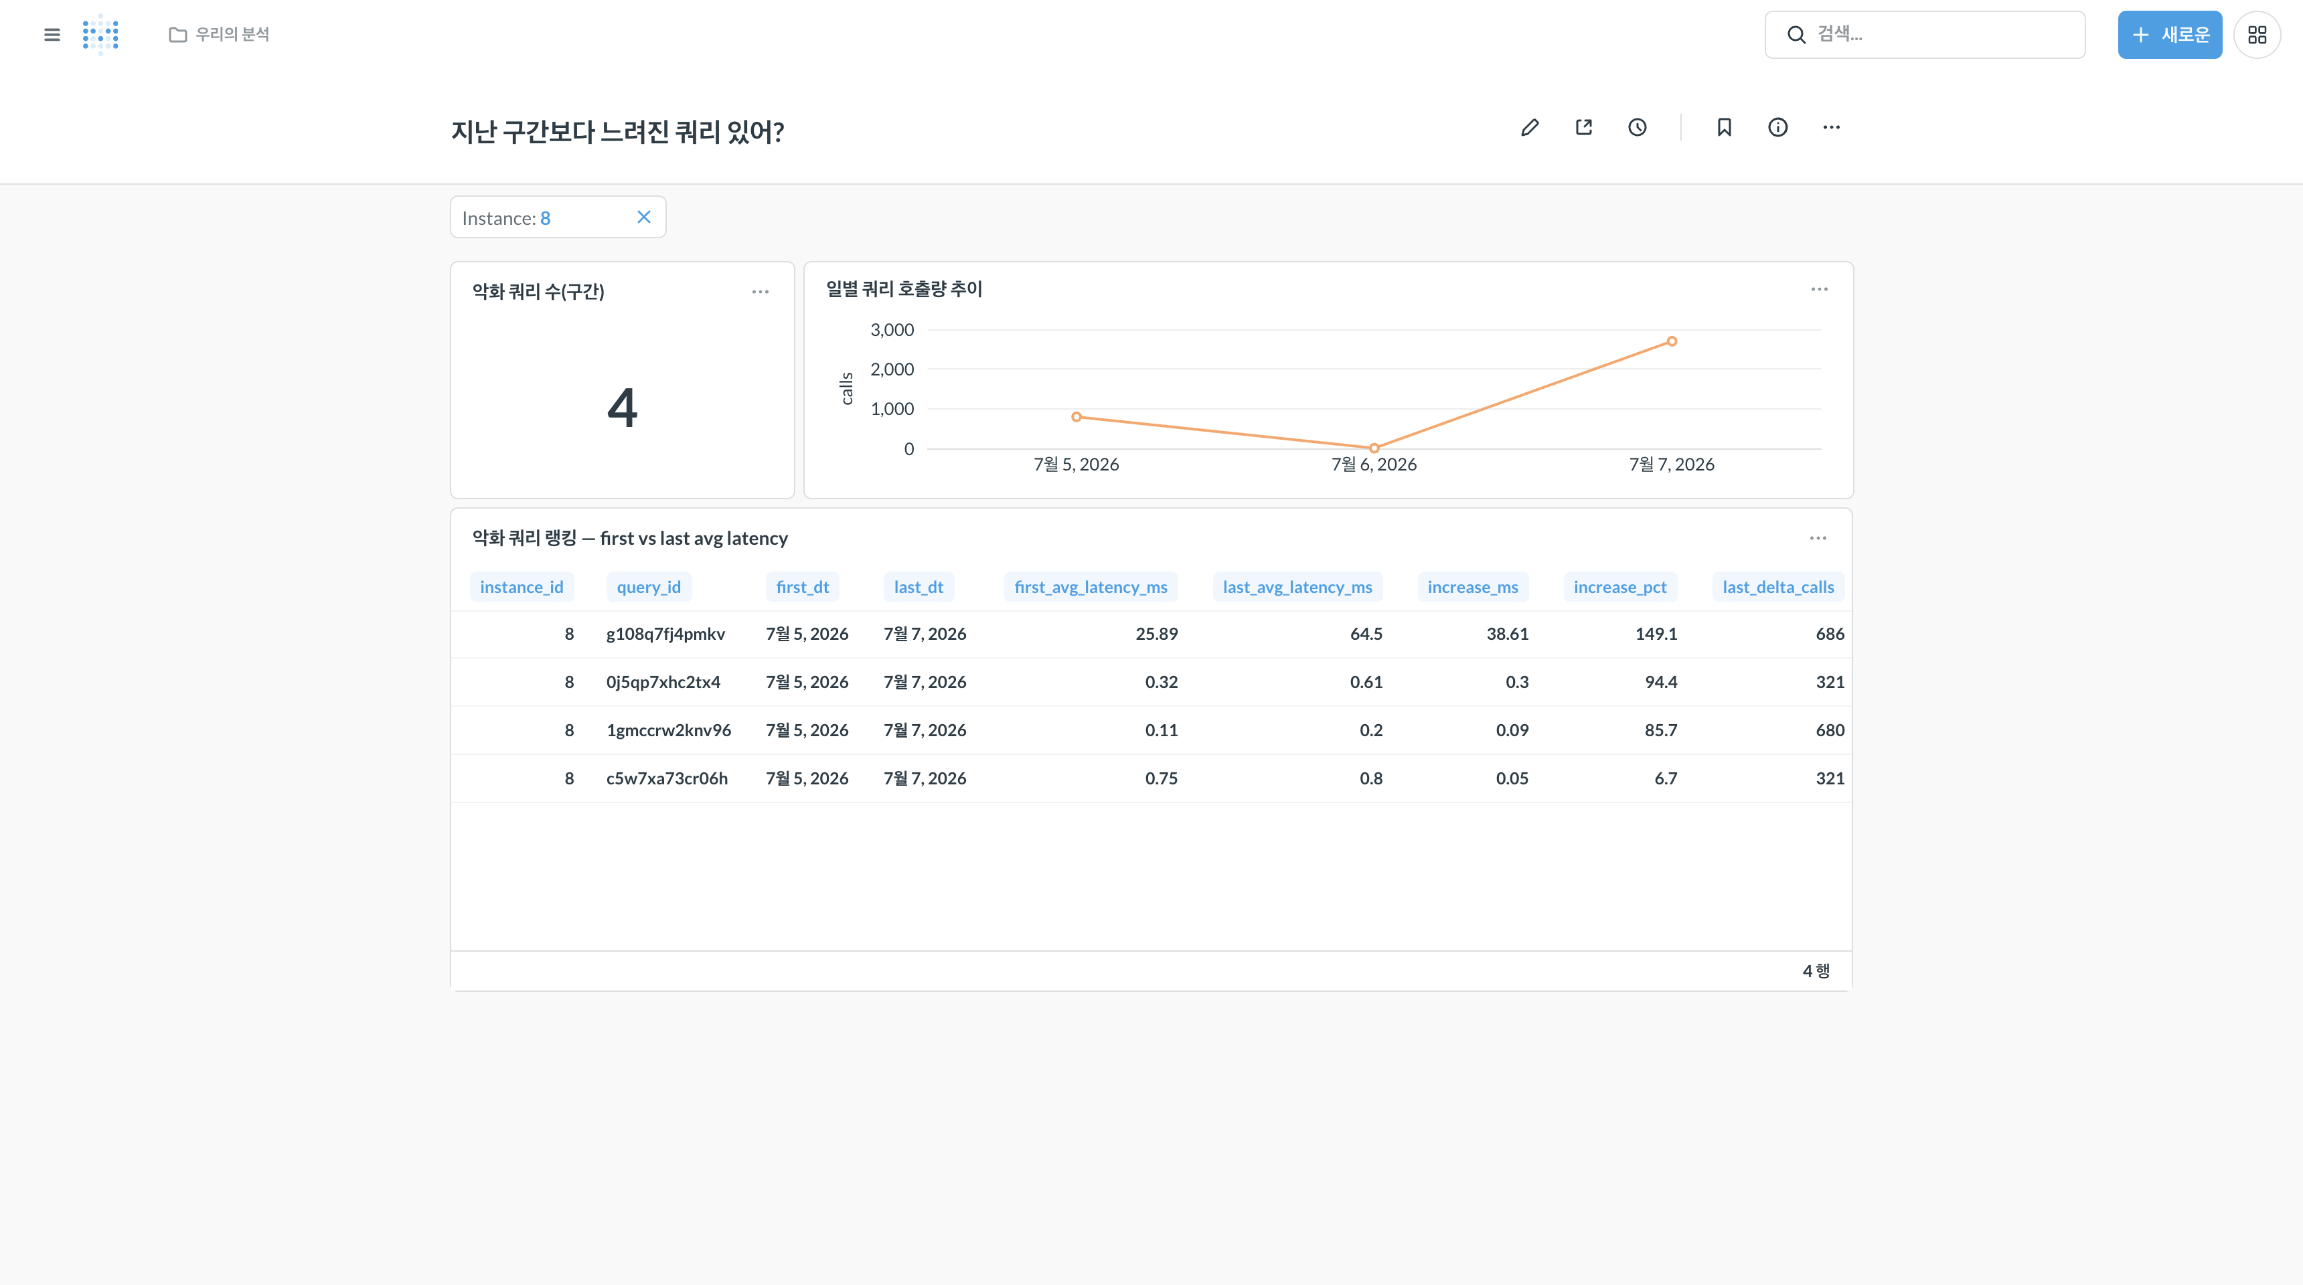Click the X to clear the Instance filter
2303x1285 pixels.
point(643,217)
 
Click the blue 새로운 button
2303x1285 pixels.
point(2169,35)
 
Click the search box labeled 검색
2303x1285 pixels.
point(1925,35)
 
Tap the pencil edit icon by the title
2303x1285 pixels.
point(1530,128)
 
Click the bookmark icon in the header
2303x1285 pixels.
point(1725,128)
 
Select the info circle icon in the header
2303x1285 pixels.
point(1778,128)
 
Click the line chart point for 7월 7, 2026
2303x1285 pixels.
point(1672,341)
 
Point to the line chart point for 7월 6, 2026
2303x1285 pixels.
point(1374,448)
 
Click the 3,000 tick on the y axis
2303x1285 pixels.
point(892,330)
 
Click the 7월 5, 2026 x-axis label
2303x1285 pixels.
point(1077,464)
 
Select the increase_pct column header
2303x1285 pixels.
point(1620,587)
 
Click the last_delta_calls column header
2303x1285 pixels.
point(1778,587)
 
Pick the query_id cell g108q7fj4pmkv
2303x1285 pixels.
point(666,634)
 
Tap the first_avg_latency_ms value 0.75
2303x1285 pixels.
point(1162,779)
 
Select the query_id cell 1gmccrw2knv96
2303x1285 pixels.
point(669,731)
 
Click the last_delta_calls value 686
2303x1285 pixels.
point(1830,634)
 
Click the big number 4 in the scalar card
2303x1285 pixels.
point(622,408)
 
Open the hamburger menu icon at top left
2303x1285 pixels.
point(52,35)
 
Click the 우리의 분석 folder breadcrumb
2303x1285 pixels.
point(219,34)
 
